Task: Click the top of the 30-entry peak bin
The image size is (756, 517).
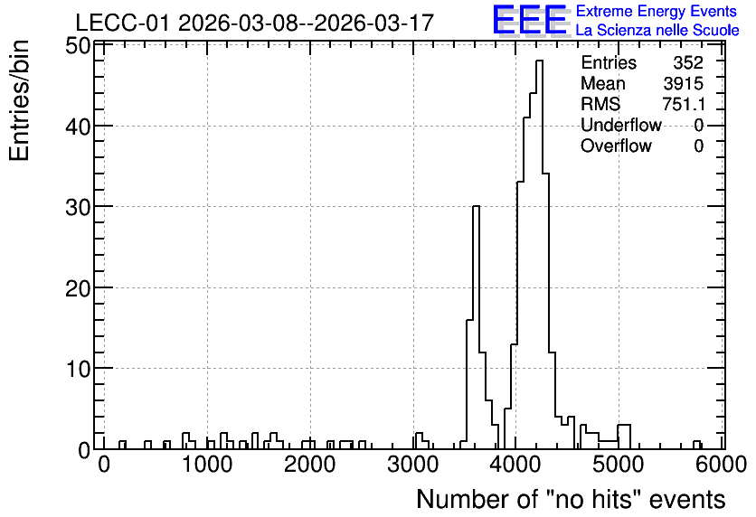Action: pos(476,206)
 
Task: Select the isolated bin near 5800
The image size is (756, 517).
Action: pos(696,445)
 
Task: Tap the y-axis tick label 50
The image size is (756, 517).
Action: pos(78,46)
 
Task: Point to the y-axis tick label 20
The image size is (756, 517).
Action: pos(78,288)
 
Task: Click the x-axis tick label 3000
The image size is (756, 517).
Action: pos(412,465)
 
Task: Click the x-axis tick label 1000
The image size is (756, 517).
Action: pos(207,465)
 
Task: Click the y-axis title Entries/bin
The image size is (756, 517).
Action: pos(19,101)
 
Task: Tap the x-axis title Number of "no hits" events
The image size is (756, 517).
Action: pos(571,499)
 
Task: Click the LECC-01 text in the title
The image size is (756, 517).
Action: pos(122,23)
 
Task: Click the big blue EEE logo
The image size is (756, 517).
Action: pos(530,21)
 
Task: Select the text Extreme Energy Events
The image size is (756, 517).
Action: pos(657,11)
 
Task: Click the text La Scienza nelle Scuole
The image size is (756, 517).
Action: pos(657,30)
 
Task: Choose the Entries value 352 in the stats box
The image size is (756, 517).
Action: pos(688,62)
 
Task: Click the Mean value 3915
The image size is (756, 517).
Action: pos(683,83)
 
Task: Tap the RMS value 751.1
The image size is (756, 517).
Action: pos(683,104)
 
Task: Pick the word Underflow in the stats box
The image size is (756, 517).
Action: pos(621,125)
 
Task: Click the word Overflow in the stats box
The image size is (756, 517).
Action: pos(616,146)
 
